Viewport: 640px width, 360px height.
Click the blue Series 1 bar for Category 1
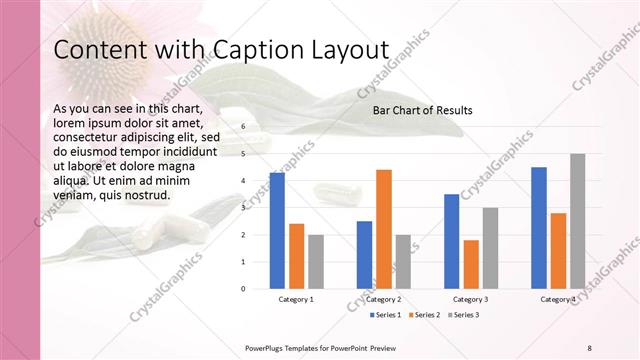point(277,230)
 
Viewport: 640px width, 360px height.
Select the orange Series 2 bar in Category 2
point(384,229)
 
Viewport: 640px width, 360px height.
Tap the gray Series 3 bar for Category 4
point(577,221)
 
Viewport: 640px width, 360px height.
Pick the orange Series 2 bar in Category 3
point(471,264)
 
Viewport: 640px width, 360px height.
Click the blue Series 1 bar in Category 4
point(539,227)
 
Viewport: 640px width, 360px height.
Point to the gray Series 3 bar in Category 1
point(316,261)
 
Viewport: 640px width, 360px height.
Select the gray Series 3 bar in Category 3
point(490,248)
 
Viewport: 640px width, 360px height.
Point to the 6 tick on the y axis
point(243,127)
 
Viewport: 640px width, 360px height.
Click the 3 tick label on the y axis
point(243,208)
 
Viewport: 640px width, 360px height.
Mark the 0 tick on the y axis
point(243,288)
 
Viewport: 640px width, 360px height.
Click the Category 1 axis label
point(296,299)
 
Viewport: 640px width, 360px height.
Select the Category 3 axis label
point(470,299)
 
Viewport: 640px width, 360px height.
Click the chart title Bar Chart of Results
point(422,110)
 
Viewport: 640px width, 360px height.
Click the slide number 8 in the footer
point(589,346)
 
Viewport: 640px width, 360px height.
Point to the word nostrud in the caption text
point(144,194)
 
